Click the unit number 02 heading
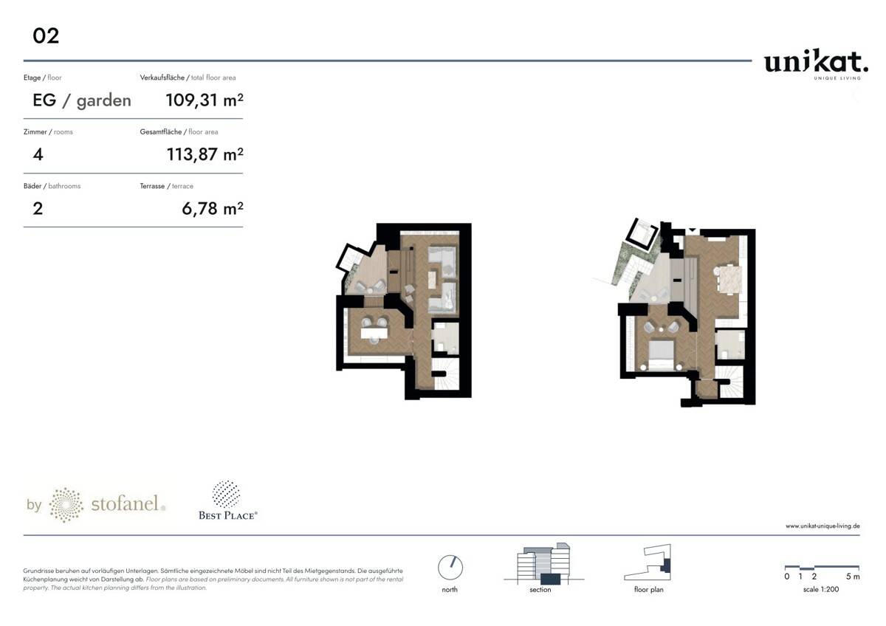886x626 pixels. click(46, 35)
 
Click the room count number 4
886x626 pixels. click(38, 154)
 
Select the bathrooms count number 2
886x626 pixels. click(38, 209)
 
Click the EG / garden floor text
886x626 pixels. click(82, 100)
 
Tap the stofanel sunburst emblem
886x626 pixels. click(65, 505)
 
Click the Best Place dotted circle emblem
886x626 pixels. click(226, 494)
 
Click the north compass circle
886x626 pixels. click(450, 567)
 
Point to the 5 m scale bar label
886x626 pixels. click(853, 577)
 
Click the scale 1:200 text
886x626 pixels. click(820, 589)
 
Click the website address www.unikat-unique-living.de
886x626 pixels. click(822, 526)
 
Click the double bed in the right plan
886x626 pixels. click(662, 354)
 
